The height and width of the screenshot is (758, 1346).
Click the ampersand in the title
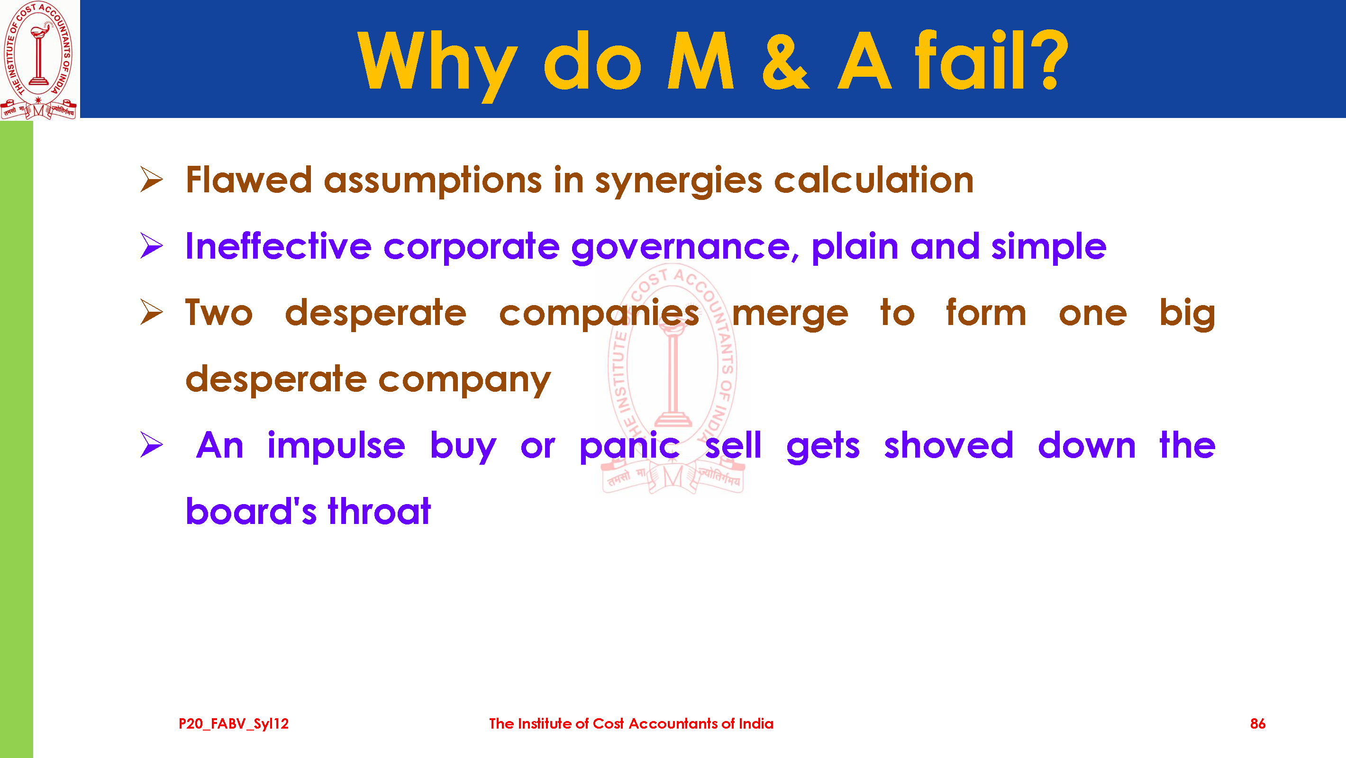(785, 61)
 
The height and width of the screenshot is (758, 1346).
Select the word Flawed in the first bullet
(249, 180)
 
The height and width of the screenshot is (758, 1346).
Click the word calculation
(873, 180)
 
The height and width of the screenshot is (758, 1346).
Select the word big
(1187, 314)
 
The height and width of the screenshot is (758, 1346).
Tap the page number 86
(1258, 723)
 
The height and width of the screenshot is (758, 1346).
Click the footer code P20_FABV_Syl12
(234, 724)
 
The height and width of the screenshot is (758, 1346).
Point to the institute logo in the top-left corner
(39, 60)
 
